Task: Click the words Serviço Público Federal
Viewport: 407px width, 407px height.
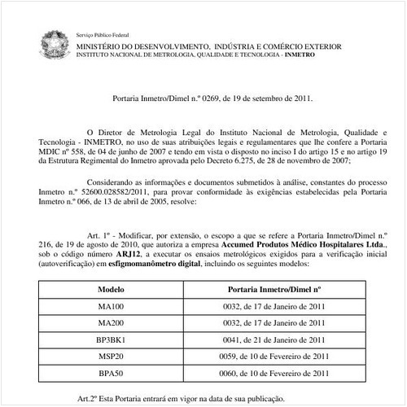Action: (x=104, y=37)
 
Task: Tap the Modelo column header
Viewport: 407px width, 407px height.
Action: (x=110, y=289)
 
